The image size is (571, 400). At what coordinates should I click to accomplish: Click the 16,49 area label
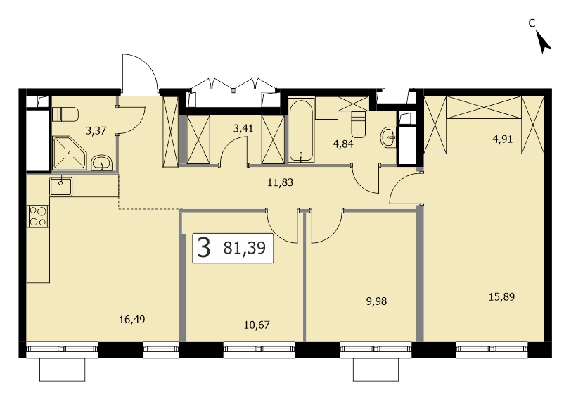tap(131, 320)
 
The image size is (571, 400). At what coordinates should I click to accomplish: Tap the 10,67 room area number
tap(257, 325)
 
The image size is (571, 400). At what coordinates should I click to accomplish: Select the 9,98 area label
tap(376, 301)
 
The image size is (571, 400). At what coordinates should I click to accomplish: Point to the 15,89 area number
tap(501, 296)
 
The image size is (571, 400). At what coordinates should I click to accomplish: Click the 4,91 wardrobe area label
tap(502, 139)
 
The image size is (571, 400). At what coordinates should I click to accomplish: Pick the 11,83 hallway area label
tap(280, 182)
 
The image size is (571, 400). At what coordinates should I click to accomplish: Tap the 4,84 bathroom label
tap(343, 144)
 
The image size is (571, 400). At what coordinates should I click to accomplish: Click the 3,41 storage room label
tap(243, 128)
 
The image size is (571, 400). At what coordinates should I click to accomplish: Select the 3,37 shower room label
tap(96, 130)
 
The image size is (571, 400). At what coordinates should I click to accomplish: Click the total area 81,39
tap(244, 248)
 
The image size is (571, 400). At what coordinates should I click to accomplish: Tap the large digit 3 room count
tap(204, 248)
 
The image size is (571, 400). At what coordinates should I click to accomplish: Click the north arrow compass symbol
tap(544, 42)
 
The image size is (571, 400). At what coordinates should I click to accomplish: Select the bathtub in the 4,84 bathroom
tap(301, 130)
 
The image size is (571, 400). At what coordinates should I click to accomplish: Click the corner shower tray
tap(70, 153)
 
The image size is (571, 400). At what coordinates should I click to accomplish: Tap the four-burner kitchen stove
tap(38, 216)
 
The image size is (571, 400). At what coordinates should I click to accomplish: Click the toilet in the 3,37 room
tap(65, 115)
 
